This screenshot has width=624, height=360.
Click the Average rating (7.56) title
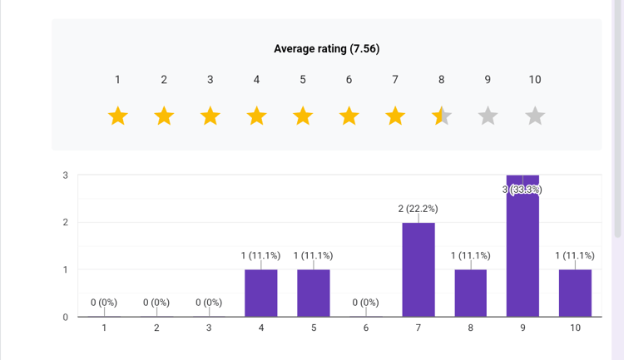coord(326,49)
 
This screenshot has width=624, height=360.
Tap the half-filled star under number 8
coord(442,116)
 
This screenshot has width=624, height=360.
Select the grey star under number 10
coord(535,116)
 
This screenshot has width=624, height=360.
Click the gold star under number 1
coord(117,116)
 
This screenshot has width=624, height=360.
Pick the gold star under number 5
coord(303,116)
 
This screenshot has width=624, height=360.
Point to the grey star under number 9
coord(488,116)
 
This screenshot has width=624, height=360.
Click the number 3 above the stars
coord(210,80)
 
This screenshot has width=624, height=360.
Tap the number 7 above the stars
coord(395,80)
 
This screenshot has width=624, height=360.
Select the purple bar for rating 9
coord(522,249)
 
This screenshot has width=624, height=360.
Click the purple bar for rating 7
coord(418,270)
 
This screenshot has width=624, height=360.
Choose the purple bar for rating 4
coord(261,293)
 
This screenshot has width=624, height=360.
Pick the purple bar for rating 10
coord(575,293)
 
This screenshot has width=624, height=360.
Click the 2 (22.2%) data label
coord(418,209)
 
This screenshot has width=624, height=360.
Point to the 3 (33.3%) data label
coord(522,190)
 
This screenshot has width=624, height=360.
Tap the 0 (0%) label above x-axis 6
coord(365,303)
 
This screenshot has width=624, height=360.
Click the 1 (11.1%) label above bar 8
coord(470,255)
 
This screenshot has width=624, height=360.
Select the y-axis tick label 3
coord(65,175)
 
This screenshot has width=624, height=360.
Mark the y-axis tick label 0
coord(65,317)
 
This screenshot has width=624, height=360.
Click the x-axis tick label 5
coord(314,328)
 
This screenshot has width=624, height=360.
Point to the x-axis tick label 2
coord(156,328)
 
